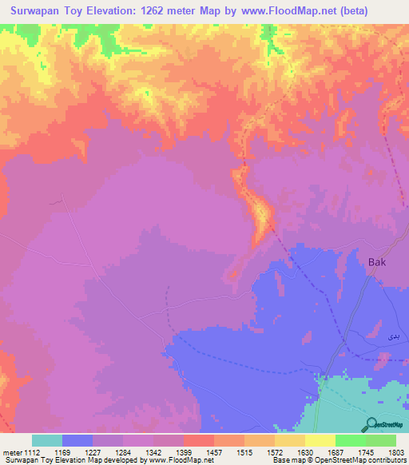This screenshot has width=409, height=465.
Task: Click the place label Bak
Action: pyautogui.click(x=377, y=262)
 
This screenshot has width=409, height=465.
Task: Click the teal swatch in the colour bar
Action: pyautogui.click(x=47, y=441)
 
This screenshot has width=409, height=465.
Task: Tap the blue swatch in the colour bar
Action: pyautogui.click(x=77, y=441)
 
